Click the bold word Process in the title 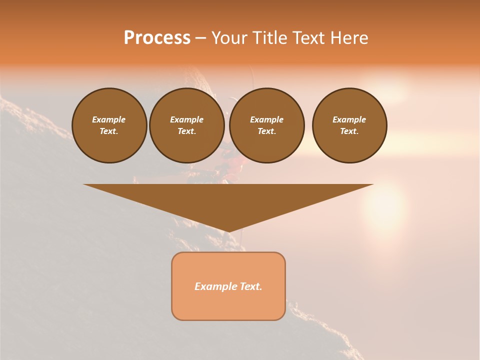click(x=157, y=38)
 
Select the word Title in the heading click(x=270, y=38)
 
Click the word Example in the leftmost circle click(x=109, y=119)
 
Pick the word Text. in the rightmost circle click(x=349, y=131)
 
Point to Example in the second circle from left click(x=186, y=119)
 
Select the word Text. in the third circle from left click(x=266, y=131)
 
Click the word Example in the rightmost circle click(x=349, y=119)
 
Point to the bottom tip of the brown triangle click(x=228, y=231)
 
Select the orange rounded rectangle click(x=228, y=305)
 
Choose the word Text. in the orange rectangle click(x=250, y=286)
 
